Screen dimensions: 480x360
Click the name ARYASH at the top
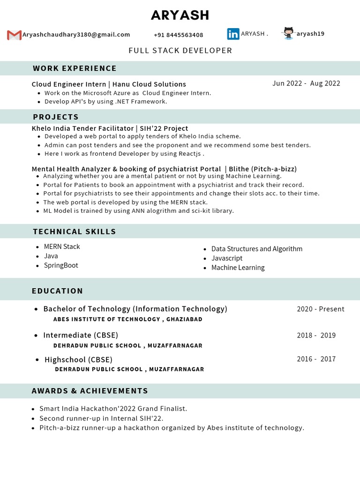pos(180,15)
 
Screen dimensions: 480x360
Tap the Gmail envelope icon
pos(15,35)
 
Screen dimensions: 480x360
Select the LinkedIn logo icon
pos(233,34)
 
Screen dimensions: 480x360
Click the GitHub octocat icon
pos(288,33)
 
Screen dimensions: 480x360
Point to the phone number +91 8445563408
pos(179,35)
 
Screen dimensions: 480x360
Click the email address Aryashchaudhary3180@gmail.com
pos(76,35)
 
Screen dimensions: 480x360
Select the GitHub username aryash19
pos(310,34)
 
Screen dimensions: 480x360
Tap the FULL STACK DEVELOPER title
pos(180,51)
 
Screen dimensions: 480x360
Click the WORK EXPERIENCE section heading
pos(75,68)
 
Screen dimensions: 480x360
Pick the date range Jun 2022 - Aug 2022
pos(306,83)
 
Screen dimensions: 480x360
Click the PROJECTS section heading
pos(56,117)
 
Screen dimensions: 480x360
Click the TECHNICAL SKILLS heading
pos(74,232)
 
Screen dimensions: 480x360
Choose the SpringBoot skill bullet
pos(61,265)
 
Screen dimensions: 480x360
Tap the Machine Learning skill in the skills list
pos(238,268)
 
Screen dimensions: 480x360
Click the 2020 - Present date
pos(321,309)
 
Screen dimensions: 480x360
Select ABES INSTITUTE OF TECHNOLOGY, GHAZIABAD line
pos(128,319)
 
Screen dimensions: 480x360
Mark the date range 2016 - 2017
pos(316,359)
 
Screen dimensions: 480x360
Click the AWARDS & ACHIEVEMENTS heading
pos(90,391)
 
